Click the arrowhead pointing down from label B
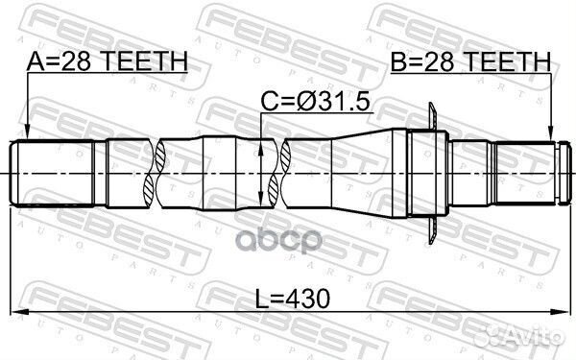click(x=551, y=136)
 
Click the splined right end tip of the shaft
click(x=538, y=173)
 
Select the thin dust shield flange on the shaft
click(x=431, y=173)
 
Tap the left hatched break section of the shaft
click(x=152, y=174)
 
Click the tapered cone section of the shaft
click(x=355, y=174)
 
